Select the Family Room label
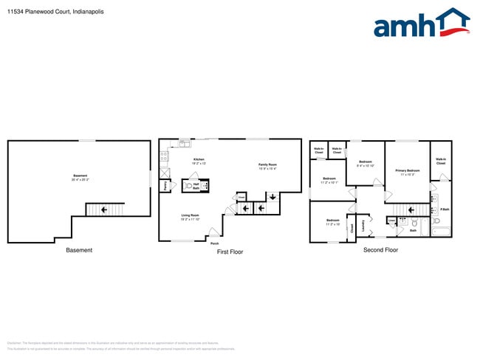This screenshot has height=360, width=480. (267, 166)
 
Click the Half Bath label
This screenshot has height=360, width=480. (196, 187)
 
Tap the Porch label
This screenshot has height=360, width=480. (214, 243)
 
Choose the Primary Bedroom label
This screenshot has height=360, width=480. (408, 172)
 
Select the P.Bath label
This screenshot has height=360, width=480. (445, 210)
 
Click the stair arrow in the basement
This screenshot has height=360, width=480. (104, 210)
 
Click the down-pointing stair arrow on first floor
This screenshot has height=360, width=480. (272, 196)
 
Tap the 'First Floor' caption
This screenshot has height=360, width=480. (230, 252)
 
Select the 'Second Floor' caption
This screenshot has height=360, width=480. (380, 250)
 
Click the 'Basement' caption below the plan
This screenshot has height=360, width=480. (79, 250)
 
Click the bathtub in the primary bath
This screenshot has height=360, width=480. (440, 234)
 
